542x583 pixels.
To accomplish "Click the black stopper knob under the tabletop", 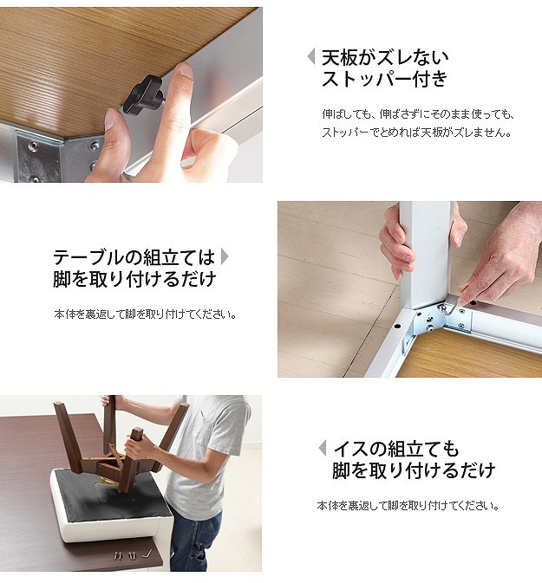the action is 142,95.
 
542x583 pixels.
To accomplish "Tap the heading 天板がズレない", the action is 385,57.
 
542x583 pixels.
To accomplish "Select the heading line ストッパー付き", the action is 384,79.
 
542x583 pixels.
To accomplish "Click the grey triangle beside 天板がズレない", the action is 310,57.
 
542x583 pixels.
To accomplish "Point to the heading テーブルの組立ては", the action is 134,257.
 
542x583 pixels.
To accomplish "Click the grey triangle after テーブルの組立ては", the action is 225,256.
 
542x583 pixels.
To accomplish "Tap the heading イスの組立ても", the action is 396,449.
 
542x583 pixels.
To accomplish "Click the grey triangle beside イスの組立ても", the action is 323,448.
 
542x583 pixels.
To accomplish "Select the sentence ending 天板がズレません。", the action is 416,133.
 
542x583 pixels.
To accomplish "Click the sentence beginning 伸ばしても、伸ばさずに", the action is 418,114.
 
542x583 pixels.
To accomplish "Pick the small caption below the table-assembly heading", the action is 145,314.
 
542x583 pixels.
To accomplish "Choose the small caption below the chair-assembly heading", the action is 408,506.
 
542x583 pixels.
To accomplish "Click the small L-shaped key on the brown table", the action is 147,554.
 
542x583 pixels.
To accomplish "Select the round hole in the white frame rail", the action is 397,327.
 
